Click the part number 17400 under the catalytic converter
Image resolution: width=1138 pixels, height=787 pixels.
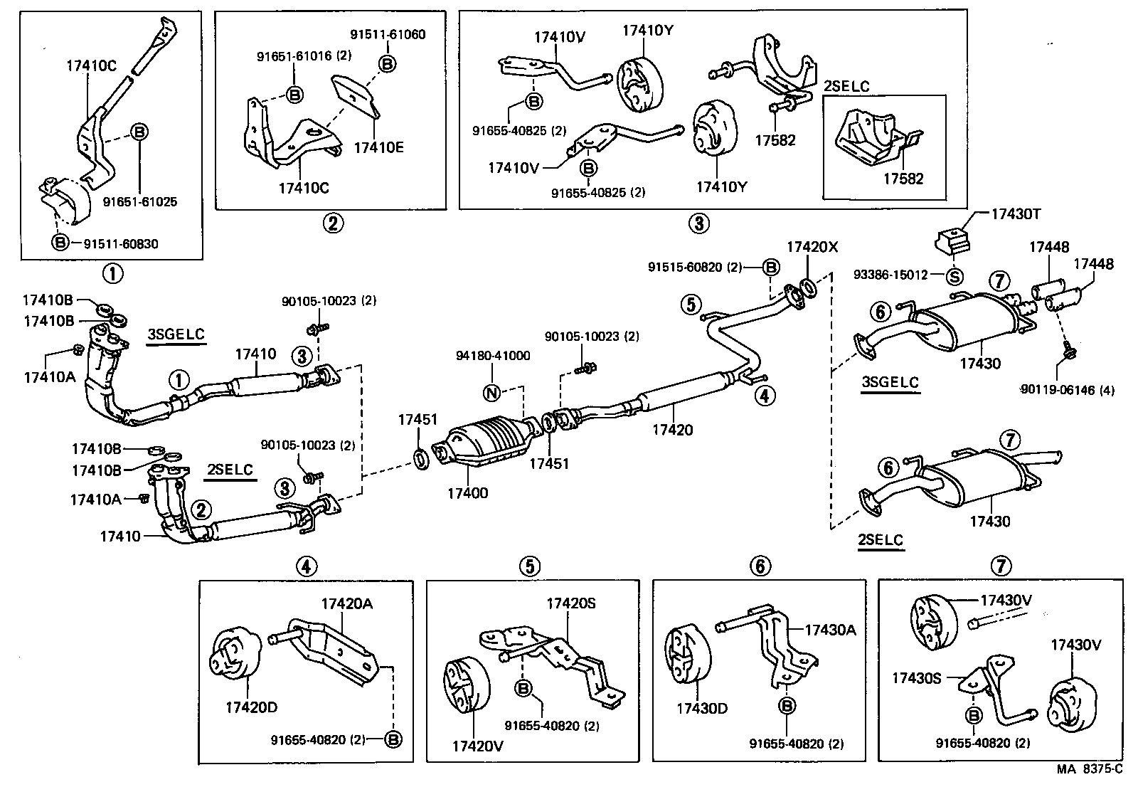467,492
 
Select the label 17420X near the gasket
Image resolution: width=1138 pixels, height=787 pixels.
812,247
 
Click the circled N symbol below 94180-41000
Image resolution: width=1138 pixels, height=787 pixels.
491,392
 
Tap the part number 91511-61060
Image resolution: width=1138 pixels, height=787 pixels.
388,34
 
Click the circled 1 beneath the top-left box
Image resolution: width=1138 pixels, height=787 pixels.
112,273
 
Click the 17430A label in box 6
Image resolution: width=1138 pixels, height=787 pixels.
831,629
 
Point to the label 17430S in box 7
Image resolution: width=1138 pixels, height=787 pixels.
917,678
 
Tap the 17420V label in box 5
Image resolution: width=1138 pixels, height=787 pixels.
477,746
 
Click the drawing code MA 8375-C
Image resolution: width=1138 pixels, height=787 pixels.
1089,768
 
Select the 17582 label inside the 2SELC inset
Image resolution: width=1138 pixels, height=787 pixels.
903,179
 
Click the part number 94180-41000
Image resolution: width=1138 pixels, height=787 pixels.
493,356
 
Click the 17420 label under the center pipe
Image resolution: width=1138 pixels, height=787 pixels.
672,430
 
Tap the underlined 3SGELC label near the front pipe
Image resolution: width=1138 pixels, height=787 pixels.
176,334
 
